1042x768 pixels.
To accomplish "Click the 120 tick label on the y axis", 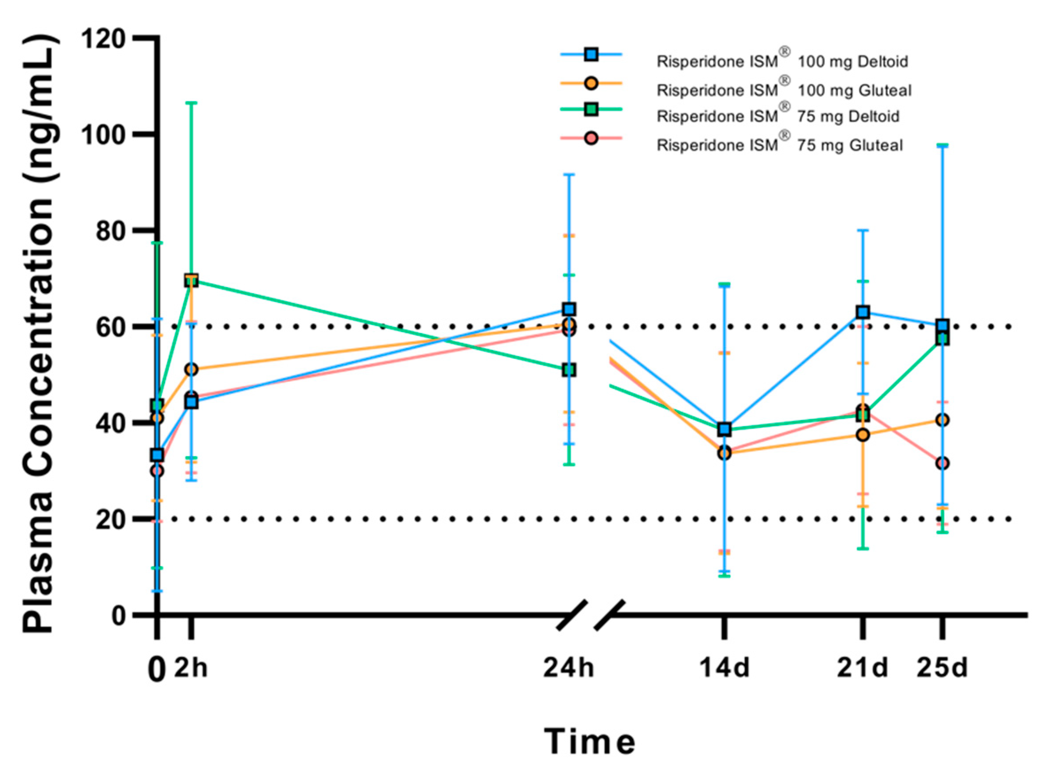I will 103,39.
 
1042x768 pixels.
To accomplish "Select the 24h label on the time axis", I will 568,668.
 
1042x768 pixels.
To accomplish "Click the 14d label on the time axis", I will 724,668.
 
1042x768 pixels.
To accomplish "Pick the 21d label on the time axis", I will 862,668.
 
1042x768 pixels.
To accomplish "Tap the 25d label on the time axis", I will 942,668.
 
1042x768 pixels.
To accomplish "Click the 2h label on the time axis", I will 191,668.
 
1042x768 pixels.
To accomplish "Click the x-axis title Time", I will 590,741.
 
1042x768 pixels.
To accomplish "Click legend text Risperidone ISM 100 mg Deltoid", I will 782,62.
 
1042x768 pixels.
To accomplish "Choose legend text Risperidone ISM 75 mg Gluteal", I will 779,144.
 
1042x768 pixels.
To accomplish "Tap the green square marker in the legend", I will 591,110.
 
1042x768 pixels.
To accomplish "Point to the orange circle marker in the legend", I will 591,83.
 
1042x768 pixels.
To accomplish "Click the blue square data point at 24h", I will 569,309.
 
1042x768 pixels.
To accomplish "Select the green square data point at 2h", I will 191,280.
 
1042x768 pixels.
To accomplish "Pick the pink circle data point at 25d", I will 942,463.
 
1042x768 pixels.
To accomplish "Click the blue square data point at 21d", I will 863,312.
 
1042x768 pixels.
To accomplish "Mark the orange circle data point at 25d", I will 942,420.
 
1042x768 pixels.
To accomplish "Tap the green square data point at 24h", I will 569,370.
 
